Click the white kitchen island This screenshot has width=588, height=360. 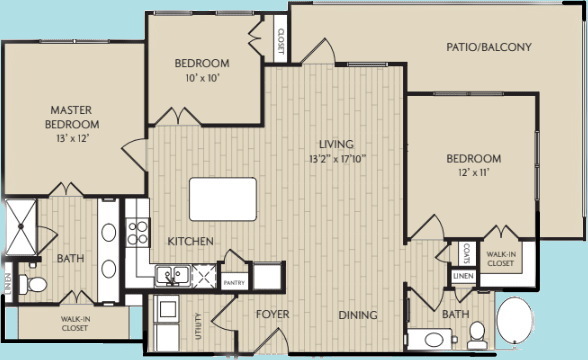coord(222,198)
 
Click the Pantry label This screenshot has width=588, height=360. coord(234,282)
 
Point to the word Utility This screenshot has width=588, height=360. coord(199,326)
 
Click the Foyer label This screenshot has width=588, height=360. coord(272,315)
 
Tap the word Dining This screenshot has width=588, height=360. coord(357,315)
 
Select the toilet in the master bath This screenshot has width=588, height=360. coord(34,285)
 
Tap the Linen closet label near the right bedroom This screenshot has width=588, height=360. coord(461,276)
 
